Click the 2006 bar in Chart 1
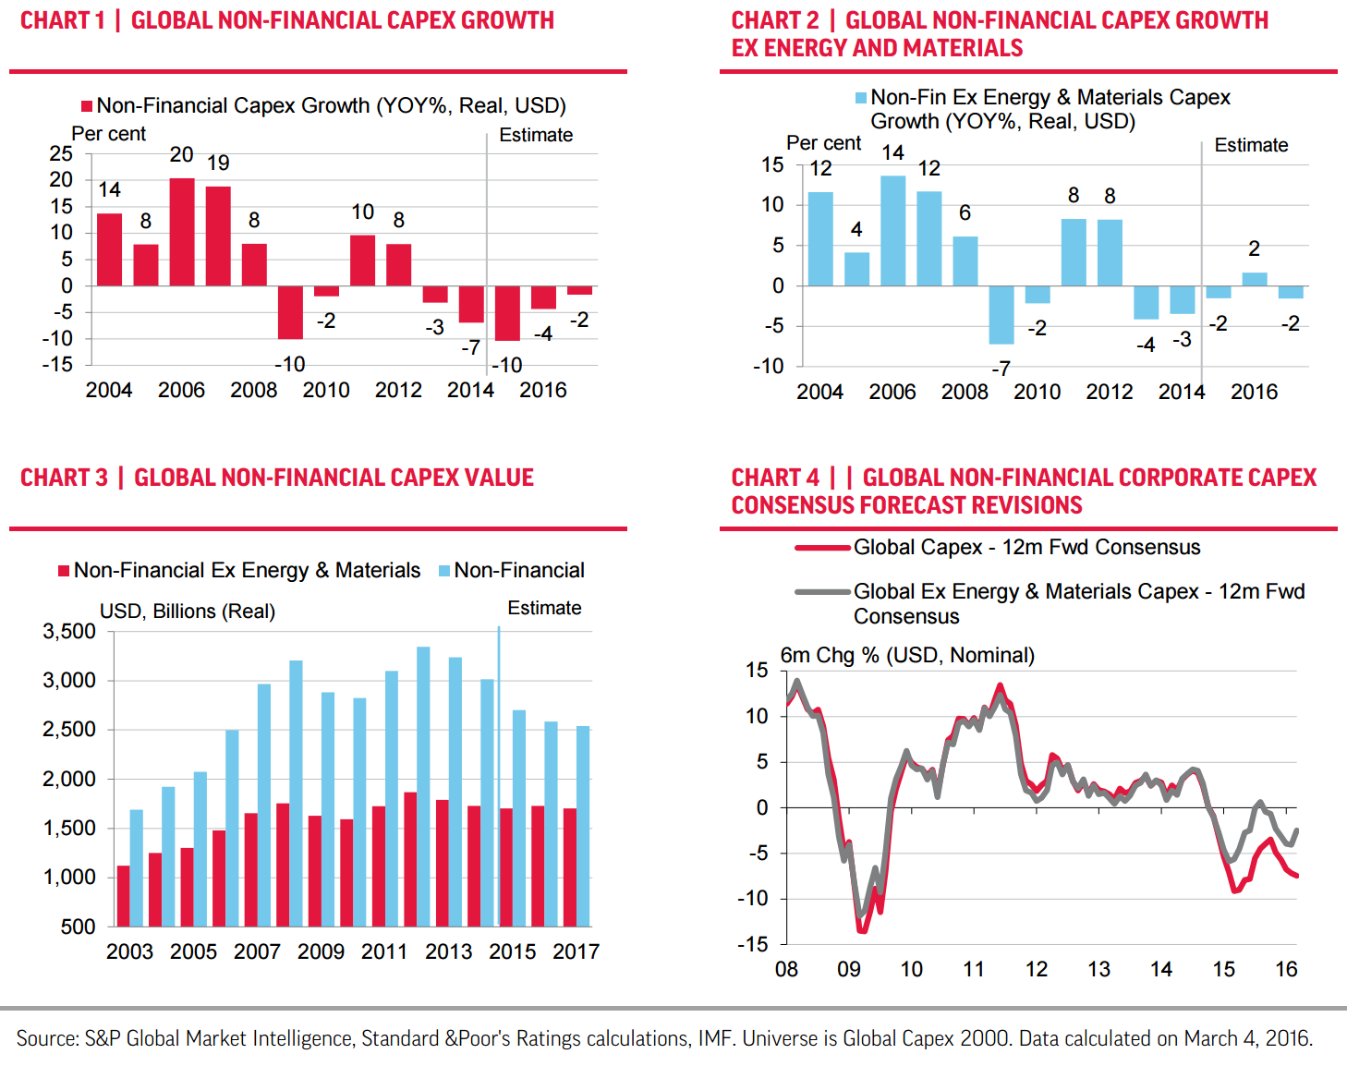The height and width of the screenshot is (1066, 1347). [x=182, y=232]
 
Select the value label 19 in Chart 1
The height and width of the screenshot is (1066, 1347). [x=218, y=164]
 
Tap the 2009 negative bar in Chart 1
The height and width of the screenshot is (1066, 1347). [x=290, y=312]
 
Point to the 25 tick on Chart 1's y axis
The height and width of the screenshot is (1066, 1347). [x=61, y=153]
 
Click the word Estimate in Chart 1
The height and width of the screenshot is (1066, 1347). [x=536, y=135]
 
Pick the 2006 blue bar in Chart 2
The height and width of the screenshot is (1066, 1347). [x=892, y=231]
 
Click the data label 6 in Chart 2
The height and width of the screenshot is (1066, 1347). [x=965, y=213]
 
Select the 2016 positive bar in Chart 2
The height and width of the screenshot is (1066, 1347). [x=1255, y=279]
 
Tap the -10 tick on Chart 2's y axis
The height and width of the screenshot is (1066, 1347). [x=769, y=366]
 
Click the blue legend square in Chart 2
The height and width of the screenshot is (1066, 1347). [x=861, y=98]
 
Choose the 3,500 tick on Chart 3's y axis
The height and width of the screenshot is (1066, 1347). [x=69, y=632]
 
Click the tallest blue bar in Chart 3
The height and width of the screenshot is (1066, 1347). [x=423, y=786]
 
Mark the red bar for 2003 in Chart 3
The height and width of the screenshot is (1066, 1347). [x=124, y=895]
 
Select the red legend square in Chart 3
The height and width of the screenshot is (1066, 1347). [x=64, y=571]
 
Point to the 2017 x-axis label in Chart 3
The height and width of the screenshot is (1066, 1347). [x=576, y=951]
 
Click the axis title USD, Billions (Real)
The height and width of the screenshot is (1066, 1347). [x=188, y=612]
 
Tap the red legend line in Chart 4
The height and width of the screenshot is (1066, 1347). [x=821, y=548]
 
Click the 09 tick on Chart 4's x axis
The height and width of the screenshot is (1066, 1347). [x=849, y=969]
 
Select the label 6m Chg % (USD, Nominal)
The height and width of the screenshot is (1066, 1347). [x=907, y=655]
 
